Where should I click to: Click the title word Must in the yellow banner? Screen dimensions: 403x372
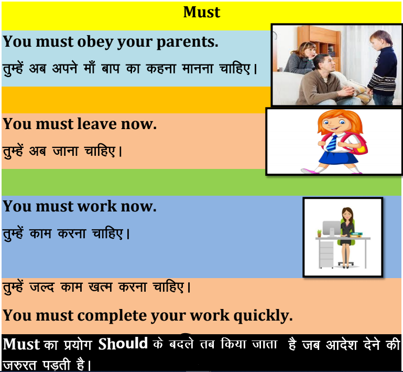coord(202,12)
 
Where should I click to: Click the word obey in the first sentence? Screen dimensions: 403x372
coord(95,42)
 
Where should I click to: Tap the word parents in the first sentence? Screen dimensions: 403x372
coord(188,42)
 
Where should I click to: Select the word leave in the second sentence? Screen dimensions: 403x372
coord(97,124)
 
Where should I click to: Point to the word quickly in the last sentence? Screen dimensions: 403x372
coord(263,316)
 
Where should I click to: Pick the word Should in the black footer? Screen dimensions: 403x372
coord(123,344)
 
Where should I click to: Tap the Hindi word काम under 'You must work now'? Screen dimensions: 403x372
coord(40,233)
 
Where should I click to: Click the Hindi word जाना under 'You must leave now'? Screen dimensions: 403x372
coord(65,151)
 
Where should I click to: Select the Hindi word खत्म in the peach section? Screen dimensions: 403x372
coord(100,287)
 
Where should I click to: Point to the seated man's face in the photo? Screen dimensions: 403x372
coord(326,65)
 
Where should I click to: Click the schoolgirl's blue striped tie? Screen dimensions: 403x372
coord(332,143)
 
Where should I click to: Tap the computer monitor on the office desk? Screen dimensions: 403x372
coord(331,228)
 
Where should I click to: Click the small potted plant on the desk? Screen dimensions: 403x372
coord(319,233)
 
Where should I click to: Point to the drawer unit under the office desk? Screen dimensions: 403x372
coord(326,253)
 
